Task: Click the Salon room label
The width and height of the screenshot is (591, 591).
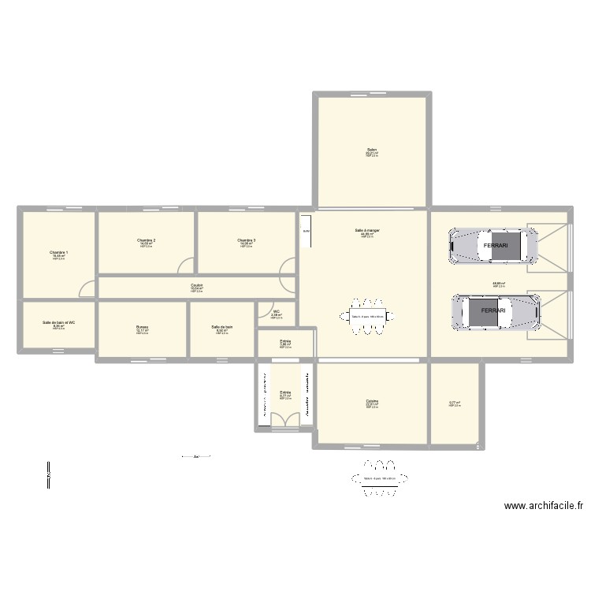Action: click(371, 151)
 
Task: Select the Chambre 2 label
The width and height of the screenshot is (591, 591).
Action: click(146, 240)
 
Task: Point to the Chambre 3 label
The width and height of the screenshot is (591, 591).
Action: click(246, 240)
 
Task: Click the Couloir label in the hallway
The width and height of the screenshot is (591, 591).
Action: click(196, 286)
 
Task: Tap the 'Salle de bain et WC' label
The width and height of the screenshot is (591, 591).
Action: click(59, 323)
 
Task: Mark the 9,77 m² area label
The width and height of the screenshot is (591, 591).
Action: click(455, 403)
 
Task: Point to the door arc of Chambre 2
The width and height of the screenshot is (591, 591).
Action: click(185, 266)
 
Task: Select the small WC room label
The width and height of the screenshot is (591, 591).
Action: click(277, 313)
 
